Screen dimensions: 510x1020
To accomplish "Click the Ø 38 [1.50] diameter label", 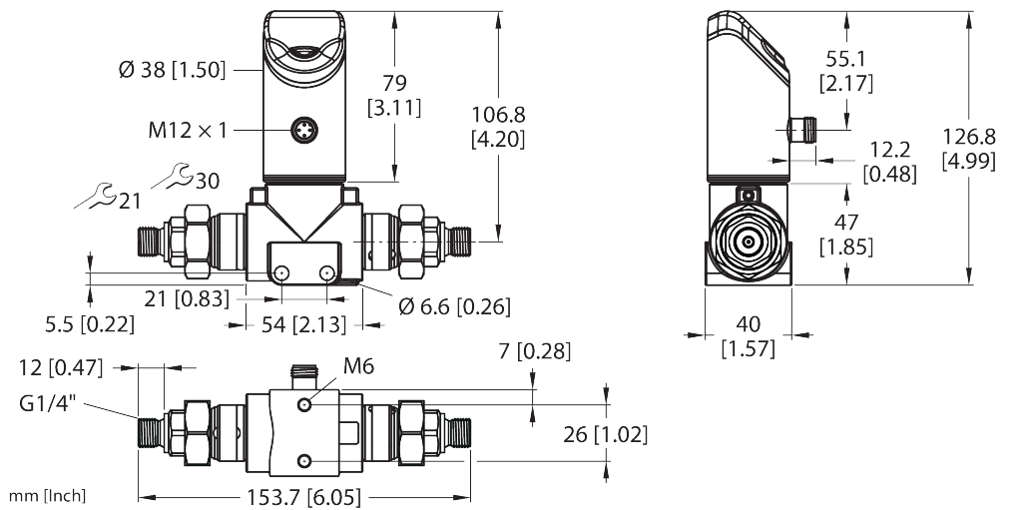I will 172,70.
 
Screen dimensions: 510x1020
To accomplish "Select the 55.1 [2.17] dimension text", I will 846,71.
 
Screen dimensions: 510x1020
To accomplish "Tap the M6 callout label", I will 358,367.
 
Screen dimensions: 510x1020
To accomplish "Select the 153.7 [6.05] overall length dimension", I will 304,496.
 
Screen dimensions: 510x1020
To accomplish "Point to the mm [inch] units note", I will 47,496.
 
